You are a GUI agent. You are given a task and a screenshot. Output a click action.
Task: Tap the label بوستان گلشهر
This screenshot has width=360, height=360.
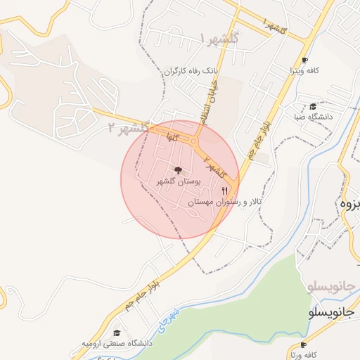pyautogui.click(x=179, y=181)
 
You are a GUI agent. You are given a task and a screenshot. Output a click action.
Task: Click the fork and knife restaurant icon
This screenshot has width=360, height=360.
pyautogui.click(x=225, y=191)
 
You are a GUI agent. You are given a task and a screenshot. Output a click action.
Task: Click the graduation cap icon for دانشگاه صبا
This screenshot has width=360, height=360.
pyautogui.click(x=312, y=107)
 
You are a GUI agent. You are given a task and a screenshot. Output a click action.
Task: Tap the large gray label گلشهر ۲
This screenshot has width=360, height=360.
pyautogui.click(x=129, y=127)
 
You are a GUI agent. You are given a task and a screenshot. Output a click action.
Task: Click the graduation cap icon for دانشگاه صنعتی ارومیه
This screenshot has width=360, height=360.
pyautogui.click(x=117, y=333)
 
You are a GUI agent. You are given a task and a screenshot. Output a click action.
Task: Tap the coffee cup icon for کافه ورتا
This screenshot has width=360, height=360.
pyautogui.click(x=304, y=345)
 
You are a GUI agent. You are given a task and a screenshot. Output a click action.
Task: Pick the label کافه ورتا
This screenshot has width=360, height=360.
pyautogui.click(x=304, y=355)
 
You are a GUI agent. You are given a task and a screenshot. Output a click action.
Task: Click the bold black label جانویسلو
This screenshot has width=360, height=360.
pyautogui.click(x=333, y=311)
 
